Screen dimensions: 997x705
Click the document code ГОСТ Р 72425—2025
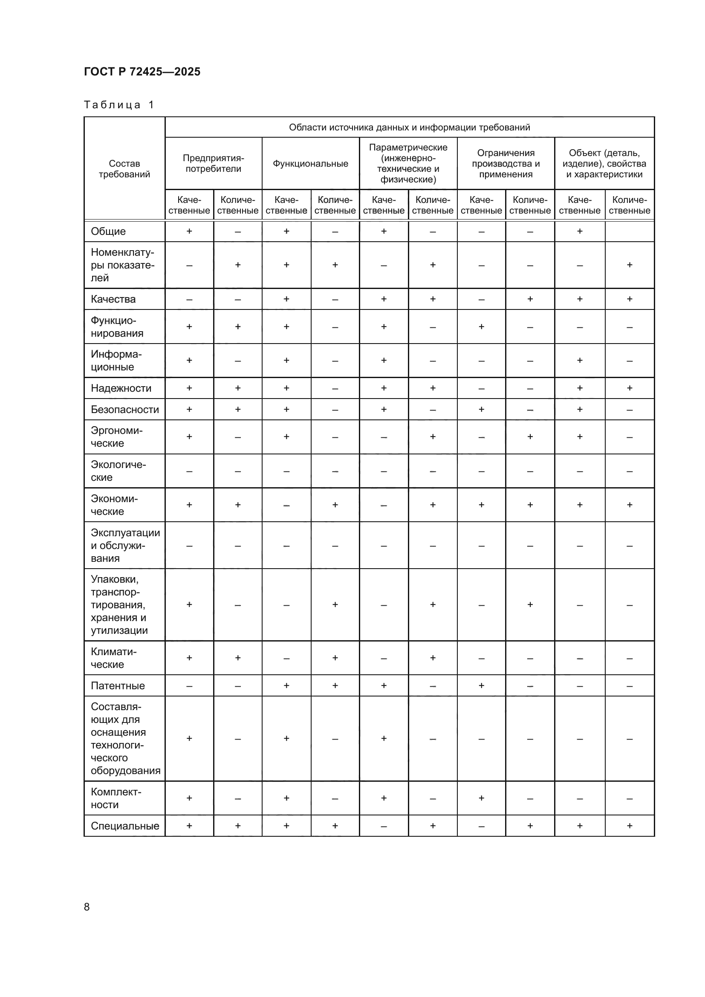click(x=142, y=72)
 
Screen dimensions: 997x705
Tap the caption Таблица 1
click(x=119, y=105)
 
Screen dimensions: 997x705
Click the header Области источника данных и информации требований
click(x=409, y=127)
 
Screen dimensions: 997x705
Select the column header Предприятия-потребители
click(x=213, y=163)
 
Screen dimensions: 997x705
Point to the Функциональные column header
click(x=310, y=164)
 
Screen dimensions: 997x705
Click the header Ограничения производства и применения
click(x=506, y=164)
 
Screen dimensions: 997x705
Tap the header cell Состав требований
click(x=124, y=169)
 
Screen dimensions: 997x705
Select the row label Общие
click(x=108, y=231)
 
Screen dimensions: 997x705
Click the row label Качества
click(x=113, y=299)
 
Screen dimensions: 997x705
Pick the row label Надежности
click(x=121, y=388)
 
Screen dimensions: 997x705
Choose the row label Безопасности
click(x=124, y=410)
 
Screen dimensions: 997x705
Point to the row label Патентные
click(x=118, y=686)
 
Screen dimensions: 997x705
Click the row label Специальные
click(x=124, y=826)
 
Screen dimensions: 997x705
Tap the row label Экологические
click(x=118, y=471)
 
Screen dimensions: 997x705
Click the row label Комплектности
click(x=116, y=798)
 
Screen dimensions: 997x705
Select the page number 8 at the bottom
click(x=87, y=907)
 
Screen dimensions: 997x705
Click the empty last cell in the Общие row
click(x=630, y=231)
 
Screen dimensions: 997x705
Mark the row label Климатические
click(x=113, y=658)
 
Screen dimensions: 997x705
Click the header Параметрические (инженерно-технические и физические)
click(x=408, y=163)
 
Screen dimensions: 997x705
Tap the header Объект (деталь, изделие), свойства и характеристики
click(x=604, y=164)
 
